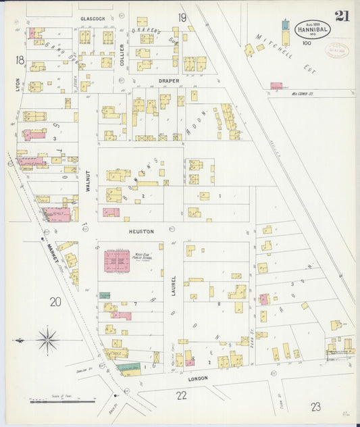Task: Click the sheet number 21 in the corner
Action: click(342, 16)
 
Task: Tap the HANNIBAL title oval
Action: click(312, 29)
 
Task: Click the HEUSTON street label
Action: click(143, 231)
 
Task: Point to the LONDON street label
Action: click(198, 378)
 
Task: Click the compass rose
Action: click(47, 340)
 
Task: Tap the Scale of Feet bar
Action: click(63, 401)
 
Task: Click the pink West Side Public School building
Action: click(117, 260)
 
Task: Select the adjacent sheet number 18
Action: click(20, 60)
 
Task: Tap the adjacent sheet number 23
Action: click(316, 405)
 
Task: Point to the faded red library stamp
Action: click(338, 51)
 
